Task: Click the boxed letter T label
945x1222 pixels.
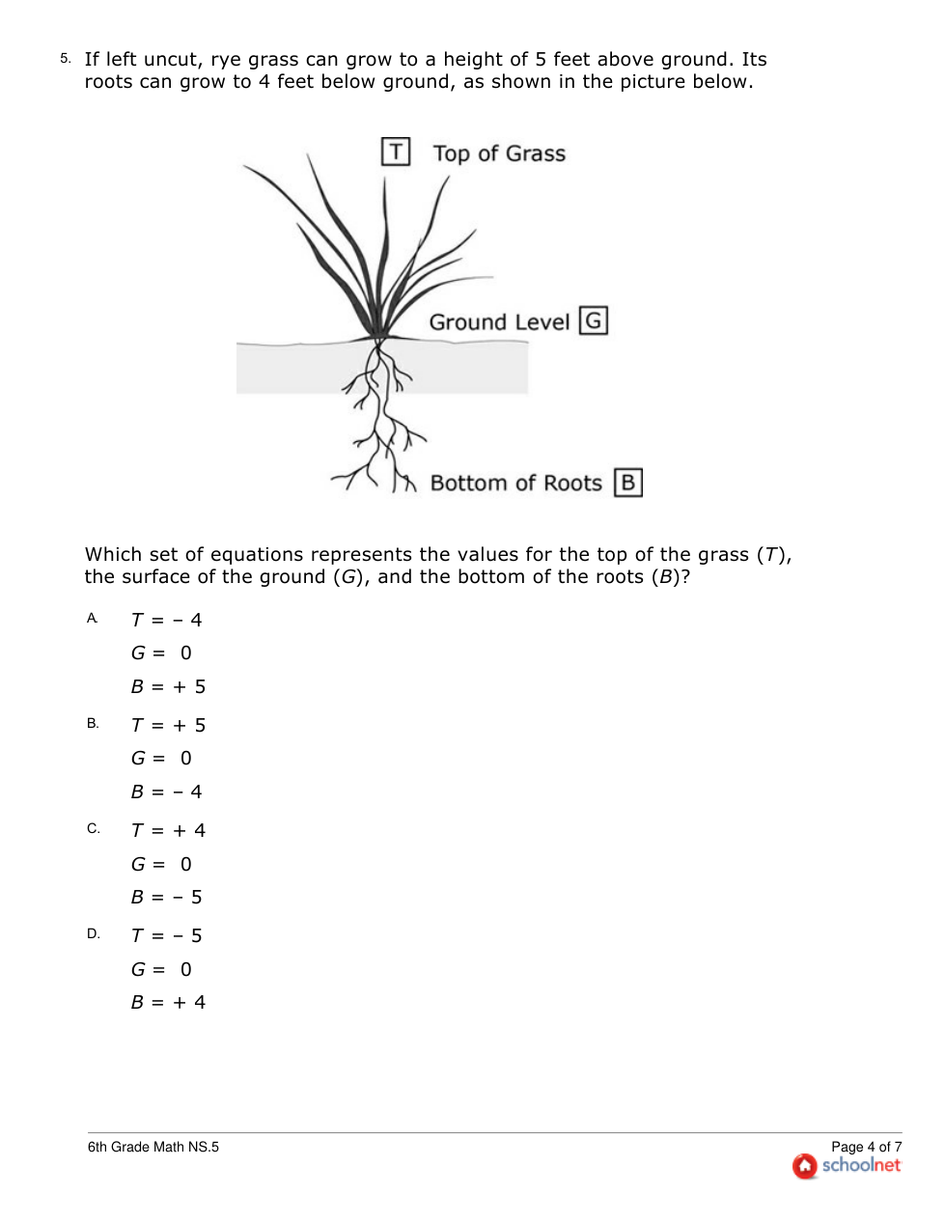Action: click(396, 152)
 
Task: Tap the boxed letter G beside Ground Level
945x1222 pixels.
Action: click(594, 320)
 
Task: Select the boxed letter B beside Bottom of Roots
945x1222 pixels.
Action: click(628, 483)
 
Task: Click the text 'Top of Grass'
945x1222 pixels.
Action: click(499, 153)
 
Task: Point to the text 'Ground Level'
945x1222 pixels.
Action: click(499, 322)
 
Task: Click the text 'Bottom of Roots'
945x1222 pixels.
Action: click(515, 484)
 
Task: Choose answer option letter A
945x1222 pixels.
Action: click(93, 619)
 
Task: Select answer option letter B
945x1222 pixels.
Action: click(93, 724)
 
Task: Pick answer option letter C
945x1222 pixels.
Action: click(93, 829)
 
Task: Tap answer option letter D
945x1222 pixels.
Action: click(93, 934)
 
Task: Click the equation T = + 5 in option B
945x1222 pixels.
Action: click(168, 725)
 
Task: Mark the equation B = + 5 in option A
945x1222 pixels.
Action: click(168, 686)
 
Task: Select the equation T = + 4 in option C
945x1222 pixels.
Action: click(168, 830)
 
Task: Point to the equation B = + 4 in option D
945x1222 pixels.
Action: click(168, 1002)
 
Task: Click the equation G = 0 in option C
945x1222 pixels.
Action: click(161, 864)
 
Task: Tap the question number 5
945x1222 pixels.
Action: click(65, 59)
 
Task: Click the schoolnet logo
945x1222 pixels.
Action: click(847, 1166)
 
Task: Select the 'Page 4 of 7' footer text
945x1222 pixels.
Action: click(866, 1147)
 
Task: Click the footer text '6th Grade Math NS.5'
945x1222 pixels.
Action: click(153, 1147)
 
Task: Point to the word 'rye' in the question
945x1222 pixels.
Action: click(226, 60)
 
